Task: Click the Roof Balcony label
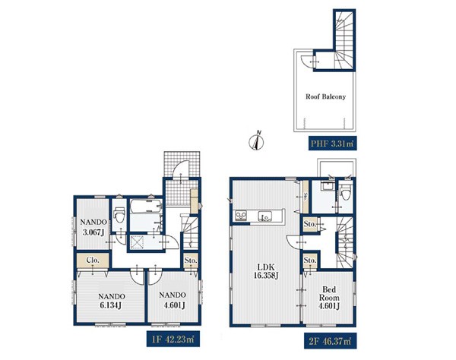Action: pyautogui.click(x=325, y=96)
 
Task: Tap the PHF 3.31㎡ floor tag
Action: pyautogui.click(x=332, y=144)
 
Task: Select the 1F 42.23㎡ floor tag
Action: pyautogui.click(x=173, y=339)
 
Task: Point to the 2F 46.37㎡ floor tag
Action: pyautogui.click(x=331, y=341)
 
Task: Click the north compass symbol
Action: pyautogui.click(x=257, y=141)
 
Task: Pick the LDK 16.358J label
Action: pyautogui.click(x=266, y=271)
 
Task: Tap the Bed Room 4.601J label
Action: pyautogui.click(x=329, y=298)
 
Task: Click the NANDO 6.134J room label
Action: pyautogui.click(x=112, y=301)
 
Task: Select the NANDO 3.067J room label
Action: pyautogui.click(x=93, y=227)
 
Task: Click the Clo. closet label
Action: pyautogui.click(x=93, y=261)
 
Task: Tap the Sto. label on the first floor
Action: pyautogui.click(x=191, y=261)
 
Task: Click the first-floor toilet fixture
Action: pyautogui.click(x=119, y=214)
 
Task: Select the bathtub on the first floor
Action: pyautogui.click(x=145, y=206)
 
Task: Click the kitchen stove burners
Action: pyautogui.click(x=241, y=215)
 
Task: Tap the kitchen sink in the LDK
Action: pyautogui.click(x=264, y=216)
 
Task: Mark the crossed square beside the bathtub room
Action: pyautogui.click(x=137, y=242)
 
